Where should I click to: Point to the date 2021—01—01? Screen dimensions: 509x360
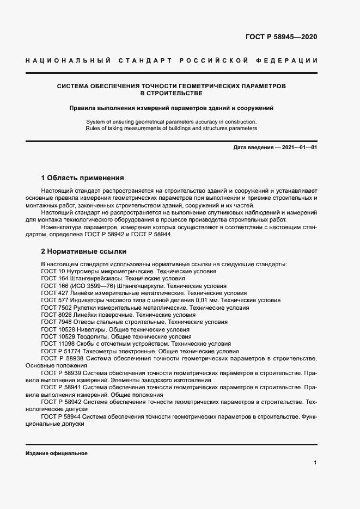(300, 148)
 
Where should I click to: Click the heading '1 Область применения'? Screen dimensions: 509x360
(83, 178)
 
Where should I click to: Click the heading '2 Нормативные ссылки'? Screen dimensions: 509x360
(84, 252)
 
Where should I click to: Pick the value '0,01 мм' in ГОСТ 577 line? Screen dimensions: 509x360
(208, 300)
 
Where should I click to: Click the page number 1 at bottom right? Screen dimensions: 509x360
(315, 462)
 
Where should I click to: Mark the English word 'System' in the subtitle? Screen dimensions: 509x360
(96, 121)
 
